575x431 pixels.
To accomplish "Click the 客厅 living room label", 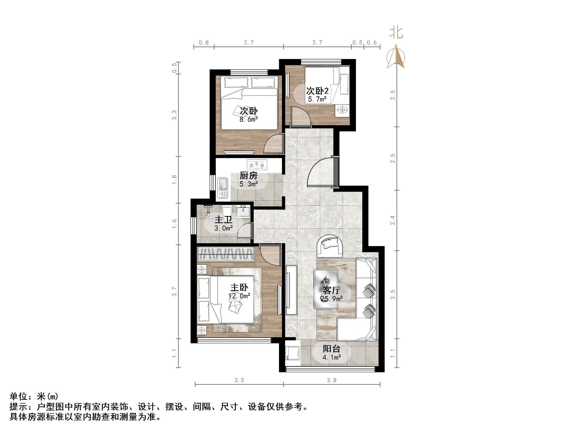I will [x=331, y=290].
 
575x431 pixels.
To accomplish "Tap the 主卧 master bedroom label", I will [x=239, y=287].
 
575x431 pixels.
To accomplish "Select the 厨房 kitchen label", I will [x=248, y=176].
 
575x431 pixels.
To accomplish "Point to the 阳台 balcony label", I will [x=331, y=349].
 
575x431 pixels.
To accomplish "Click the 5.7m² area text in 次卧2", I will [x=317, y=99].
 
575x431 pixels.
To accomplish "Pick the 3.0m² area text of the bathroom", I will [x=223, y=228].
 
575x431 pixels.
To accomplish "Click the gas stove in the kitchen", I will [x=257, y=164].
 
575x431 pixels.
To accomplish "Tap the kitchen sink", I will [x=222, y=188].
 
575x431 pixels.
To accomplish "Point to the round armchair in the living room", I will [x=329, y=245].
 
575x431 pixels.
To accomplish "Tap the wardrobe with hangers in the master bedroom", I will [x=226, y=254].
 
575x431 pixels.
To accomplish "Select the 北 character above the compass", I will [x=396, y=33].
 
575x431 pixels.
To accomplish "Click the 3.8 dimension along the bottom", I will [x=331, y=380].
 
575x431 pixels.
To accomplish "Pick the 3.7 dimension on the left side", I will [x=174, y=292].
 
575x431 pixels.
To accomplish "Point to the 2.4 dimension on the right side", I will [x=393, y=220].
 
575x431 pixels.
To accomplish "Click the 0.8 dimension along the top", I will [x=204, y=43].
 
